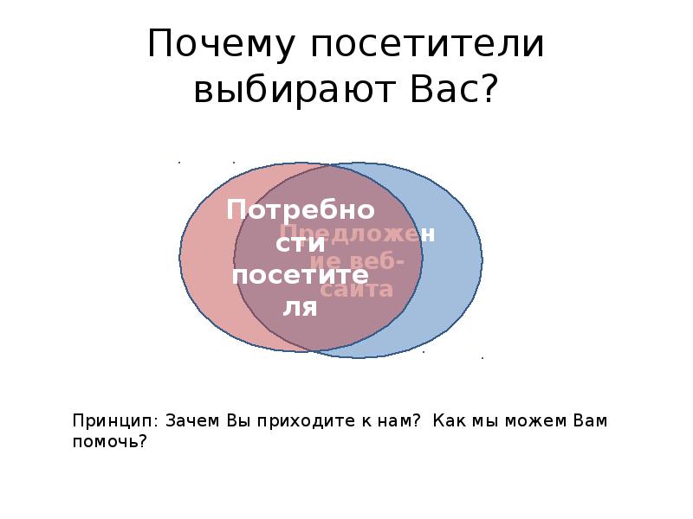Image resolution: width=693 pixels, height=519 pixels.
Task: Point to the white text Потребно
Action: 301,210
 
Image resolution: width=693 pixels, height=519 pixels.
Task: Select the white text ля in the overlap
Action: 301,307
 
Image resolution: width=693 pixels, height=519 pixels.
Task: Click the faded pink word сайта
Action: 357,290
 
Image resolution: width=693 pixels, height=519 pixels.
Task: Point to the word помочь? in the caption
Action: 110,441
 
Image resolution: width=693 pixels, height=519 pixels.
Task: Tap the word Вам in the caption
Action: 589,421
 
